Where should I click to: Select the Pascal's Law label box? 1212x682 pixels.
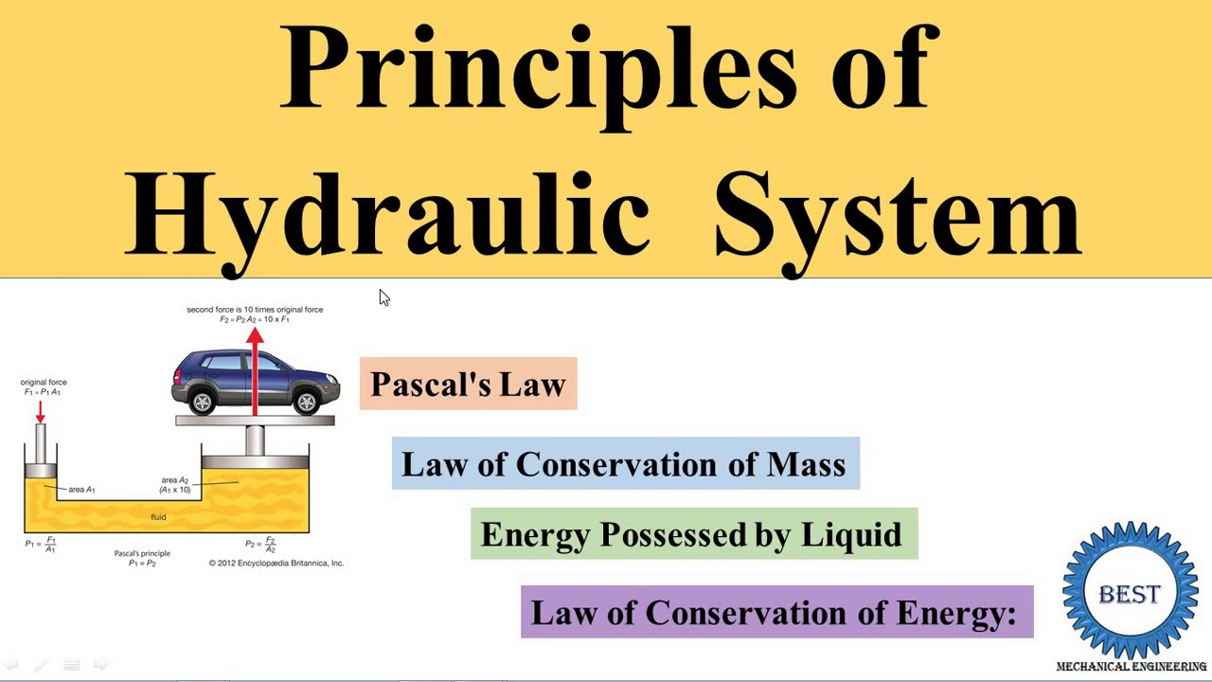pos(468,384)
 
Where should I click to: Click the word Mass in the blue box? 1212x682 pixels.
pos(806,464)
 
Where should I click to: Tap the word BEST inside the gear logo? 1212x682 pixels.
pos(1130,594)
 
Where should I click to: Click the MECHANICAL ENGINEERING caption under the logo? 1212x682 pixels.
pos(1131,667)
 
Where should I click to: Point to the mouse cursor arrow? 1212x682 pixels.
pos(383,298)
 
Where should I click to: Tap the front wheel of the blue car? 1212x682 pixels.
pos(306,403)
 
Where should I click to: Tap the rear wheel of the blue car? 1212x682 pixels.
pos(203,403)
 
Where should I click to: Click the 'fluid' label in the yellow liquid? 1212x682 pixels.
pos(158,517)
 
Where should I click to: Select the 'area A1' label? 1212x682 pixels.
pos(81,490)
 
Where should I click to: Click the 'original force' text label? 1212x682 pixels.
pos(44,383)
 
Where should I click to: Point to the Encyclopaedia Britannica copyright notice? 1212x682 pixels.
pos(276,563)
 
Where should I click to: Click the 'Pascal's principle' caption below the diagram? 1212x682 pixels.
pos(142,553)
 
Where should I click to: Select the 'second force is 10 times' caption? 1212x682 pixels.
pos(255,310)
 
